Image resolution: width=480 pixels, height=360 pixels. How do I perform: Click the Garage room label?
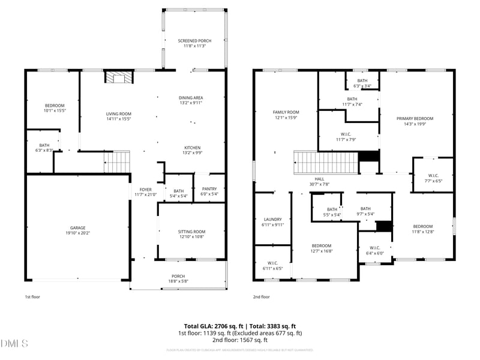tap(77, 228)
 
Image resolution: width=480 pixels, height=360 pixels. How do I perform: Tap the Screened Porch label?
tap(194, 41)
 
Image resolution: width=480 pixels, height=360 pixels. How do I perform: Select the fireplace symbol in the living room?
tap(118, 77)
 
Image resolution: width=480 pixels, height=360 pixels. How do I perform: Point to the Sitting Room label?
tap(191, 232)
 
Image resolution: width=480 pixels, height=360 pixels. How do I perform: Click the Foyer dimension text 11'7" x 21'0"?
tap(145, 194)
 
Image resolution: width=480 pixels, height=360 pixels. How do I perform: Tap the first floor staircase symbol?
tap(118, 161)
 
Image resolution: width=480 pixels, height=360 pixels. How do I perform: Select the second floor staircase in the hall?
tap(323, 162)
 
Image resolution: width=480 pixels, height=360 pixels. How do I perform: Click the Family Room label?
tap(286, 112)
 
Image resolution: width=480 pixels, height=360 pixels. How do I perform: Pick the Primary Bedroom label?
tap(415, 118)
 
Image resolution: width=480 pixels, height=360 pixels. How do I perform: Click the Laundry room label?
tap(272, 219)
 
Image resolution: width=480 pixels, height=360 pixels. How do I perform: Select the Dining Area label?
tap(191, 98)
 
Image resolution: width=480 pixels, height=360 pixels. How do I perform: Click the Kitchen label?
tap(192, 148)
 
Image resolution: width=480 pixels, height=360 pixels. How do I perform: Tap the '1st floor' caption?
tap(32, 297)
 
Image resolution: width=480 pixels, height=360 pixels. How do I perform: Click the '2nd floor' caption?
tap(261, 297)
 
